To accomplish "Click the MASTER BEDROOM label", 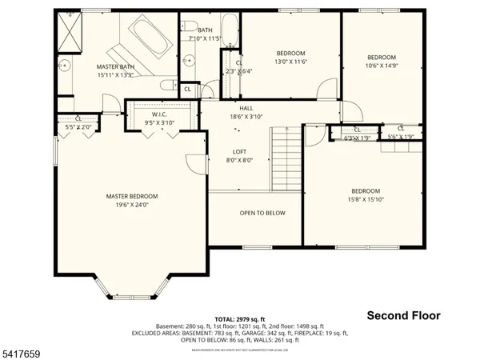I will click(132, 196).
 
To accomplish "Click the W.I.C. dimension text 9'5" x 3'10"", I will click(158, 122).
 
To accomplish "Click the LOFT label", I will click(239, 152).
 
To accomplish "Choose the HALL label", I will click(246, 108).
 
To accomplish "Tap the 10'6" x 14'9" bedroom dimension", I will click(382, 66).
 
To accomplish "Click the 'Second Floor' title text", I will click(404, 316).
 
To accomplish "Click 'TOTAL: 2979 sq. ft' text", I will click(240, 319).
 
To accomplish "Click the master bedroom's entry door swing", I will click(194, 162).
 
